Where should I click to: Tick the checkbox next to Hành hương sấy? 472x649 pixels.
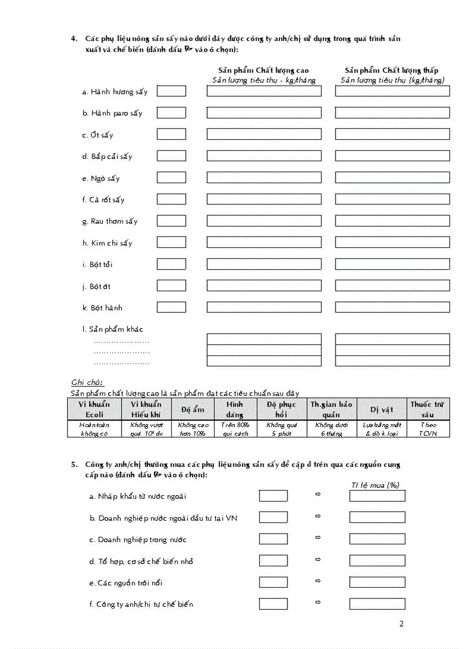171,91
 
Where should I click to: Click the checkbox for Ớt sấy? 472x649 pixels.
171,135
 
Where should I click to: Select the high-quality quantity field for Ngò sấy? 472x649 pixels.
264,178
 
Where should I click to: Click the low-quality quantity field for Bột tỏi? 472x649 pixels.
392,264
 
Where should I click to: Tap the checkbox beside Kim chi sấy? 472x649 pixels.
171,243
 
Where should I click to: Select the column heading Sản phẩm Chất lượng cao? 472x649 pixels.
263,71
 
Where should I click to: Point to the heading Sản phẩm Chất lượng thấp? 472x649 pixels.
392,71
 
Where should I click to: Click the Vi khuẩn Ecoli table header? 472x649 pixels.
94,409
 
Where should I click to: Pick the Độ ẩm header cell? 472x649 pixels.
193,410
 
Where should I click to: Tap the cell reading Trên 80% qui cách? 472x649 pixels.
235,429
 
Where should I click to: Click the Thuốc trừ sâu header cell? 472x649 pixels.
427,409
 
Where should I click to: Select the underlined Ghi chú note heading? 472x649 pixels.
87,383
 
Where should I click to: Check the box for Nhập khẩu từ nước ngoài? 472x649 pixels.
273,496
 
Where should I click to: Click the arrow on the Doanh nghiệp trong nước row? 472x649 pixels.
318,537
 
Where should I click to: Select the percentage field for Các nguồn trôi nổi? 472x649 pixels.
377,582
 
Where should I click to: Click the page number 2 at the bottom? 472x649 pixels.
401,624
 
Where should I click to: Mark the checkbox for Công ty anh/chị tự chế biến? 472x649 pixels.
273,604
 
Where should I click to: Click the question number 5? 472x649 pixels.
74,465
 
